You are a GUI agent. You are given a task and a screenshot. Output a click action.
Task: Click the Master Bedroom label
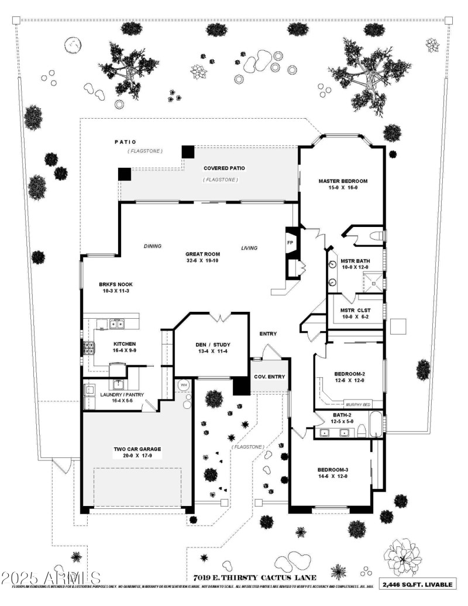tap(343, 181)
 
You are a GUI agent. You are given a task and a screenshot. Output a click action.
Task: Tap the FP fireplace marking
tap(290, 242)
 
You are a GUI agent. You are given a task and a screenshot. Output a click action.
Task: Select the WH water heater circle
tap(183, 385)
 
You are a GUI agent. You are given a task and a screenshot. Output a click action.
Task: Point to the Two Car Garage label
tap(137, 449)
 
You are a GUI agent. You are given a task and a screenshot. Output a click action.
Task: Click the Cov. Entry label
tap(269, 377)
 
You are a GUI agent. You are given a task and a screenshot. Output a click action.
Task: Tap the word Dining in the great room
tap(152, 246)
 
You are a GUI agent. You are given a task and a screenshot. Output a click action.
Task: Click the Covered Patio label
tap(224, 168)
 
